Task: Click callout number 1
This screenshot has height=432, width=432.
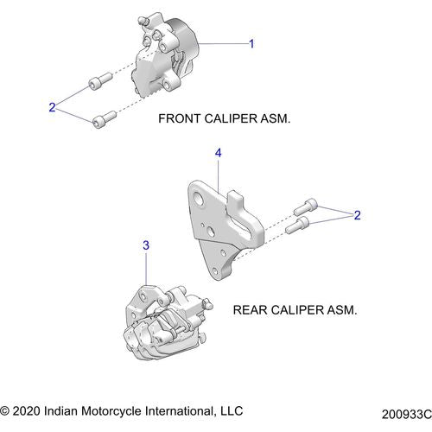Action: pos(251,43)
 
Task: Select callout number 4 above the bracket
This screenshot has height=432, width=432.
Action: pos(219,153)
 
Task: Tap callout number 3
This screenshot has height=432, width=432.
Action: pos(146,246)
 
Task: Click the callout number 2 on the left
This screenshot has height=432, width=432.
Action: pos(52,107)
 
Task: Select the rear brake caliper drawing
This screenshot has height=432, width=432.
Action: pos(164,325)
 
